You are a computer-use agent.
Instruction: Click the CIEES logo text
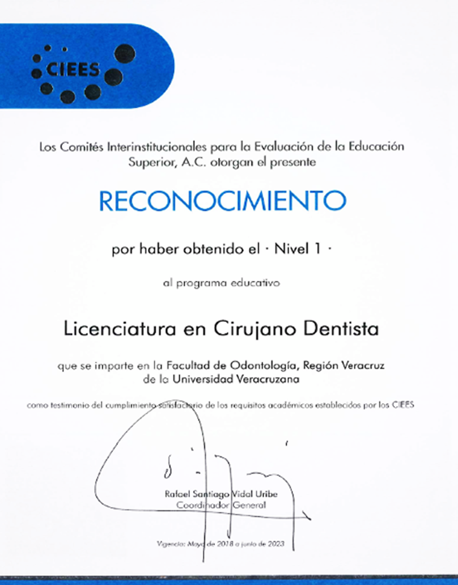[73, 70]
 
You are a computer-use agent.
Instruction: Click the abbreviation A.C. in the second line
[195, 162]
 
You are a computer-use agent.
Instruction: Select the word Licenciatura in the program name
[110, 328]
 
